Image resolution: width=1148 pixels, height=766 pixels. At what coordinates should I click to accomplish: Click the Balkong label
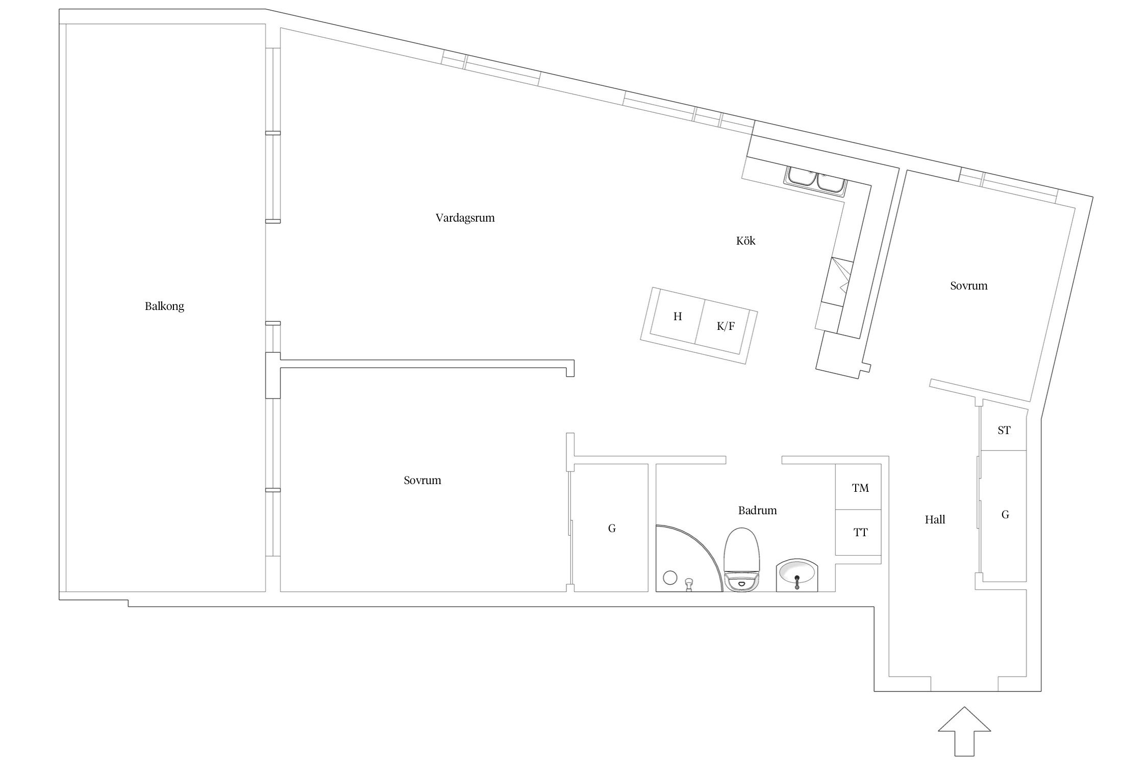pos(164,306)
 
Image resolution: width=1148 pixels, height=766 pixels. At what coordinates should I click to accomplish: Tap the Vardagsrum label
pos(465,218)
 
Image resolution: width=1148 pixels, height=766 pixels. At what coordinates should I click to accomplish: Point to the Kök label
pos(745,241)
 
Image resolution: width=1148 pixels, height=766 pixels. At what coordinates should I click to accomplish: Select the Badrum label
pos(757,510)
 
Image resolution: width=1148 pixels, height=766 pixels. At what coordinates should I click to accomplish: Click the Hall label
pos(935,520)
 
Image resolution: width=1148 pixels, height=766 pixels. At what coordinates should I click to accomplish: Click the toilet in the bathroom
pos(742,560)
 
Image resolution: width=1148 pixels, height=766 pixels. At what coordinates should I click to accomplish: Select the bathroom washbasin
pos(797,576)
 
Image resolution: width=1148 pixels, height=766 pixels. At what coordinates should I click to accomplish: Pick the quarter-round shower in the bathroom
pos(689,558)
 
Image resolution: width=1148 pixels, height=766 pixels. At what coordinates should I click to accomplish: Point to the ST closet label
pos(1004,430)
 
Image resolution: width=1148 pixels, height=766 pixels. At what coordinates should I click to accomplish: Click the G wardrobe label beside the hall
pos(1005,515)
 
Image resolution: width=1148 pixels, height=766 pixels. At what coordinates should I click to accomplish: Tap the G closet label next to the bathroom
pos(612,529)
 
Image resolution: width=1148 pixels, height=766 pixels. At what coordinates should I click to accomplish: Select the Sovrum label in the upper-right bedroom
pos(968,286)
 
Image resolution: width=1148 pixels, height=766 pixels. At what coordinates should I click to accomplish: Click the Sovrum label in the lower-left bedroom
pos(422,481)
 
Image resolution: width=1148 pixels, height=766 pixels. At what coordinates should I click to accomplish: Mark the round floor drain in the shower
pos(669,578)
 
